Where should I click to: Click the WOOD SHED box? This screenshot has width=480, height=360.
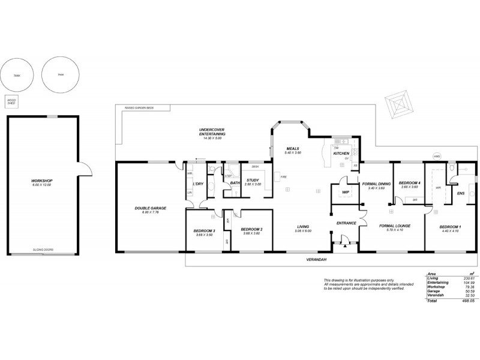coord(11,101)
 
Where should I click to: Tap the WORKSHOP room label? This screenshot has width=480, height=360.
coord(41,181)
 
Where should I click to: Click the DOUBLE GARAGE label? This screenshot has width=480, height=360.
coord(150,208)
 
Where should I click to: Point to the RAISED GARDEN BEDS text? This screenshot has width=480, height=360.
coord(139,108)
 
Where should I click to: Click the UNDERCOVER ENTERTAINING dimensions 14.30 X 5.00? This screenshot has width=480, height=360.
coord(212,139)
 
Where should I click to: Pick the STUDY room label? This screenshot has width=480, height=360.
coord(253,180)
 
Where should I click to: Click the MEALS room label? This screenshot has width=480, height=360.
coord(292,149)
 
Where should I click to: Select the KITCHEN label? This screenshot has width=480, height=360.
coord(341,154)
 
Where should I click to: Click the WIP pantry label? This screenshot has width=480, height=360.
coord(346,192)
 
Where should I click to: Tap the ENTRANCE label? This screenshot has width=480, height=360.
coord(346,223)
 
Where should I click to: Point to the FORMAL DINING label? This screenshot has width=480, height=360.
coord(376,184)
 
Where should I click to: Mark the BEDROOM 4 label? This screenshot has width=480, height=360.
coord(410,182)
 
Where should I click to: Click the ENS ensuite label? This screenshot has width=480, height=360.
coord(461,193)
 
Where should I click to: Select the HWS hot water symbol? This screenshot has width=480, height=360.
coord(436,157)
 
